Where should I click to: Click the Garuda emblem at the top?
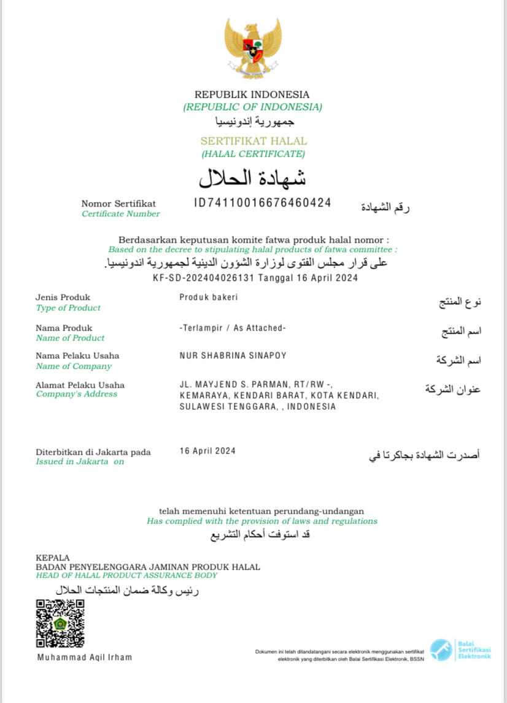252,47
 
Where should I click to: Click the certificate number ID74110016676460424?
262,203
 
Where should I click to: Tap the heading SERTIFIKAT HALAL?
253,141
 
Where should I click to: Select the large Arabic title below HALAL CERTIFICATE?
252,178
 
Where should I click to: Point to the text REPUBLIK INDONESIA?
252,95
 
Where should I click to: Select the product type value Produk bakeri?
208,297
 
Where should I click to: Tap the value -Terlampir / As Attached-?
233,328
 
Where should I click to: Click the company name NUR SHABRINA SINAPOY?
233,356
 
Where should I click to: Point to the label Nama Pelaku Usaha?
77,356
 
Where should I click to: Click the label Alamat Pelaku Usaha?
80,385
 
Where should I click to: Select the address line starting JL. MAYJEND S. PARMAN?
255,385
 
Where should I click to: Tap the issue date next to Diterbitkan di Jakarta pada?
207,451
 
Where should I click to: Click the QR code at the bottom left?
60,624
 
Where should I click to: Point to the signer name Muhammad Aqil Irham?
85,657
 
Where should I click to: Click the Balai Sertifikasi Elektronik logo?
460,650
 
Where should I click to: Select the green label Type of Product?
68,308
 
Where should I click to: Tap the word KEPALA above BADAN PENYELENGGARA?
53,558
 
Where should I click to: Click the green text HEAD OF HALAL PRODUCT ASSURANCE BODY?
126,576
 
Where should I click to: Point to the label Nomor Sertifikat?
118,203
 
